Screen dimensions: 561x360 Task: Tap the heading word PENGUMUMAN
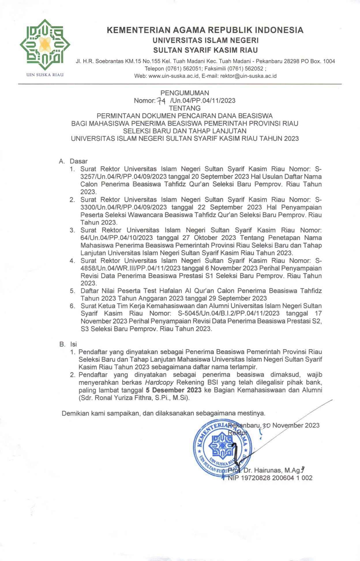pos(185,93)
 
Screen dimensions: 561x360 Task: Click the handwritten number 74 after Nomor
pos(161,101)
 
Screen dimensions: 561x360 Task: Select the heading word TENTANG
pos(185,108)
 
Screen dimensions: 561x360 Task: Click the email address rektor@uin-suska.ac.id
pos(248,76)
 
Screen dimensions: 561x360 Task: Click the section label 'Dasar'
pos(78,161)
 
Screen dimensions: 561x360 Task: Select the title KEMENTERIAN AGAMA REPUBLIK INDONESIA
pos(205,30)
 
